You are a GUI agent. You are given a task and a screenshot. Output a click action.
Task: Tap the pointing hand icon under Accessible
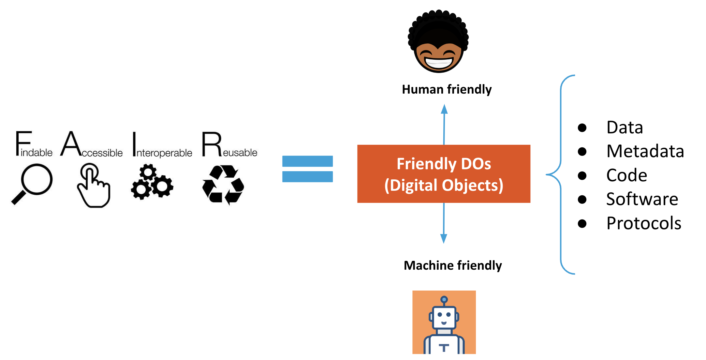point(93,186)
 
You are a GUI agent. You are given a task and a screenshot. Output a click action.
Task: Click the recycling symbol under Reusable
point(223,185)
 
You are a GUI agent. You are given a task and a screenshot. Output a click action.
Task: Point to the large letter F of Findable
point(23,143)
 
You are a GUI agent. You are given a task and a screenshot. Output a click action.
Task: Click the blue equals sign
point(307,169)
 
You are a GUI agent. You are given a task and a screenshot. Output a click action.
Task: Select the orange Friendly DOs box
point(444,174)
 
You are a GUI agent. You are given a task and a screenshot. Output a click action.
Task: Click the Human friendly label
point(447,89)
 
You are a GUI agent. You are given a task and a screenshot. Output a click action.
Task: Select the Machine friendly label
point(453,265)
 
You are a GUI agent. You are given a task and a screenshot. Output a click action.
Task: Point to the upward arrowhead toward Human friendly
point(444,109)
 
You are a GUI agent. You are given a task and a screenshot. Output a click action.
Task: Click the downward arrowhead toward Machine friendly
point(444,238)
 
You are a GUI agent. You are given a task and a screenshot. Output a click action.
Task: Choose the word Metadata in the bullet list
point(645,151)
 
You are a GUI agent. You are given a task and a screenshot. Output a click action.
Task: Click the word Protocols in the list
point(643,223)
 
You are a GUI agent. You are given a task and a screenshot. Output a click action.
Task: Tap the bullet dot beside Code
point(582,175)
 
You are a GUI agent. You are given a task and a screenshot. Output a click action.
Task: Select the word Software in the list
point(642,199)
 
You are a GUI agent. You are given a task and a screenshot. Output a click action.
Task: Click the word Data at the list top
point(624,127)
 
